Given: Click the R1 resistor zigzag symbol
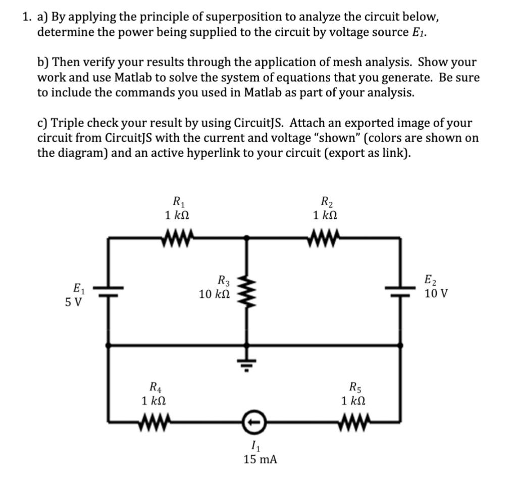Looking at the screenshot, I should [x=177, y=235].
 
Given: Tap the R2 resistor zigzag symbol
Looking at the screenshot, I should [x=324, y=235].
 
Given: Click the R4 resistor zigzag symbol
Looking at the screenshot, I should [x=153, y=420].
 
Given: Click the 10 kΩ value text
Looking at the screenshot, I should [x=215, y=294].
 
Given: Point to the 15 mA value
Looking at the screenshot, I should [x=260, y=459].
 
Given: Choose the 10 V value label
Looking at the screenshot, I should [x=435, y=293].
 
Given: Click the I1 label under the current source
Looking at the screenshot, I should [x=255, y=446].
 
